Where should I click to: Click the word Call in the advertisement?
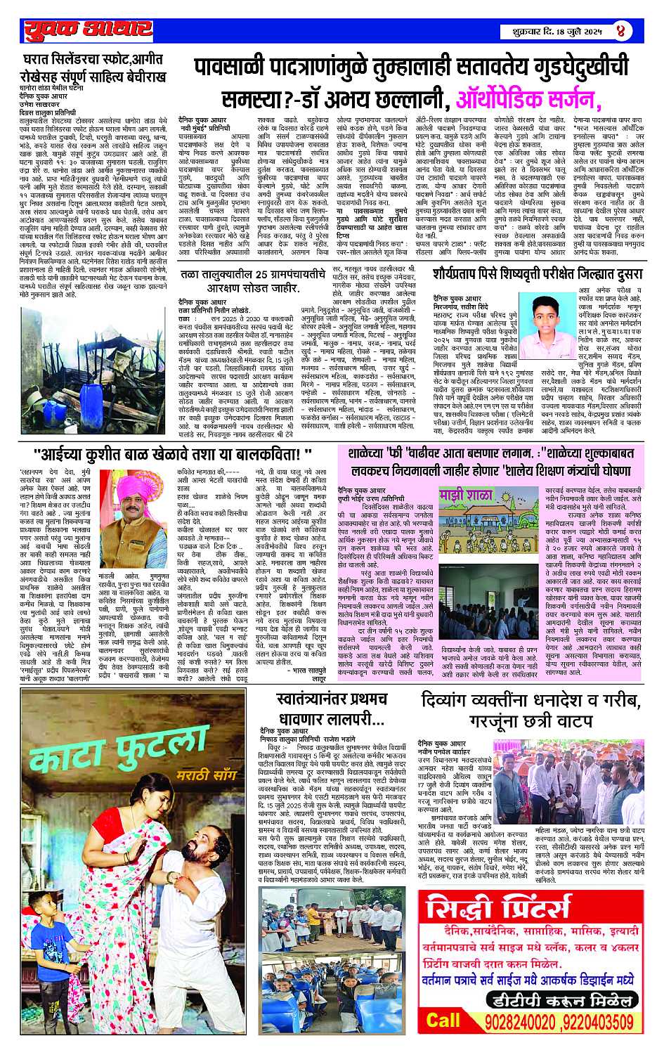(x=443, y=1020)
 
